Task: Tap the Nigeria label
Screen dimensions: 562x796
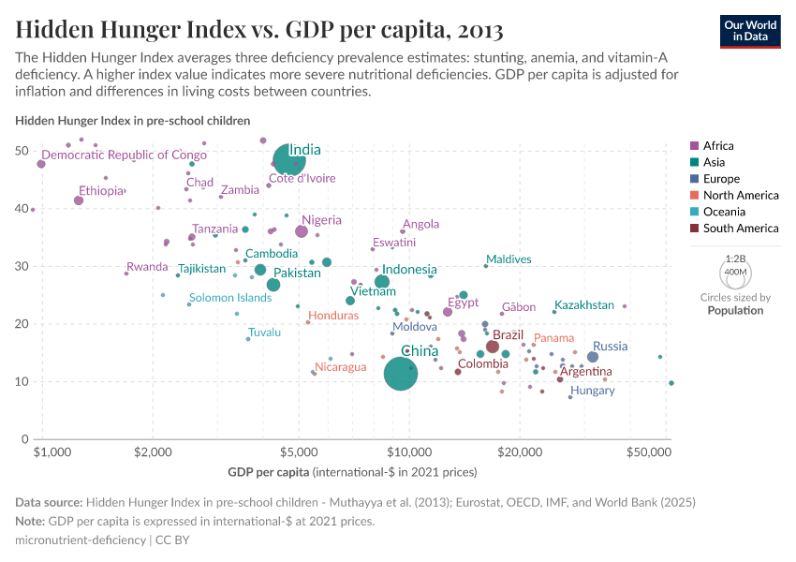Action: coord(321,220)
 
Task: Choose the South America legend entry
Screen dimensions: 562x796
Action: coord(740,229)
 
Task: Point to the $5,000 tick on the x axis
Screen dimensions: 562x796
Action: coord(299,451)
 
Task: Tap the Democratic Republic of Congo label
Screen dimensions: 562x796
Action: coord(124,155)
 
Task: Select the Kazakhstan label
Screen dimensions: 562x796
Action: coord(584,305)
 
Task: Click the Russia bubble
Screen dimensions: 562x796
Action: coord(592,357)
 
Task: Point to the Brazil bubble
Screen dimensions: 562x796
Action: coord(493,347)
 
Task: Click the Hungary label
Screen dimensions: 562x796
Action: coord(592,391)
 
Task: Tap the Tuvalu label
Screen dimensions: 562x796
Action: coord(264,333)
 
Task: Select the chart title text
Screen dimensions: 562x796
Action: coord(259,31)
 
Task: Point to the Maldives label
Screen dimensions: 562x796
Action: coord(509,259)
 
